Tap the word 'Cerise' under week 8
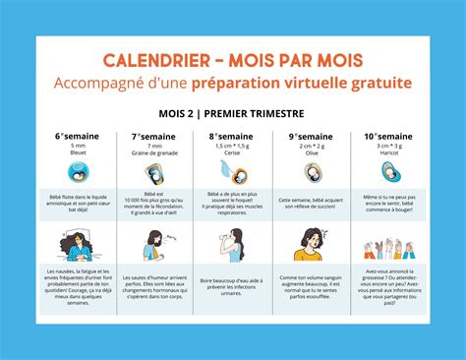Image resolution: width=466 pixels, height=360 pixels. [x=233, y=152]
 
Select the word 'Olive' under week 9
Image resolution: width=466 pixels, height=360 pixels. [x=311, y=152]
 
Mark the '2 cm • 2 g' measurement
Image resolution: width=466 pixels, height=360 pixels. [x=311, y=145]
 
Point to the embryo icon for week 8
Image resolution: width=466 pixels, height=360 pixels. [x=233, y=173]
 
